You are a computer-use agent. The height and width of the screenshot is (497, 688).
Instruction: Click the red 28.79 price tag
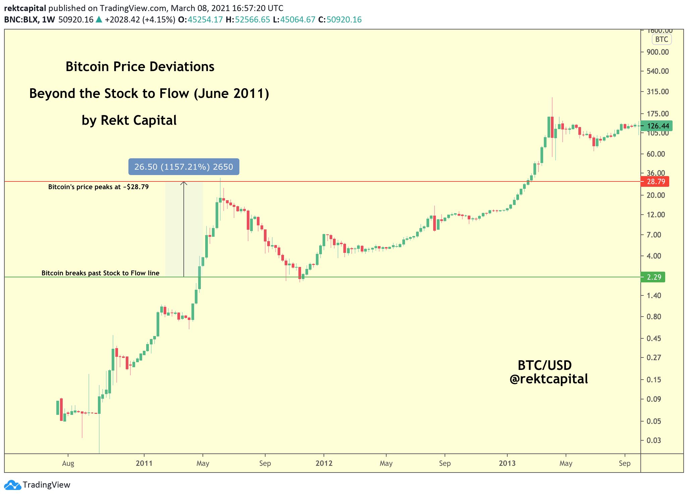(x=655, y=181)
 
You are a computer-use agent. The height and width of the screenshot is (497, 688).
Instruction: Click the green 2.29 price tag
(x=653, y=277)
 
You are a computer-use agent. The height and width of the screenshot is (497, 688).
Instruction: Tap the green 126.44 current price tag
(x=656, y=126)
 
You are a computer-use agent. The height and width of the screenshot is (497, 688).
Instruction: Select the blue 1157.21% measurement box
(x=184, y=167)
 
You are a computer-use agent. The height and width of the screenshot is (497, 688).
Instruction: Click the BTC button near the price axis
(x=662, y=40)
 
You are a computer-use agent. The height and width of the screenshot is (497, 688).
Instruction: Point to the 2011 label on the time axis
(x=144, y=463)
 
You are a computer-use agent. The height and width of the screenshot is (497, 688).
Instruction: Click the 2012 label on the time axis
(x=324, y=463)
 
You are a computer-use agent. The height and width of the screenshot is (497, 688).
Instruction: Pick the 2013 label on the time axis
(x=507, y=463)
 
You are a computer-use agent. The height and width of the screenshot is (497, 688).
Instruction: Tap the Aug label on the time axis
(x=68, y=463)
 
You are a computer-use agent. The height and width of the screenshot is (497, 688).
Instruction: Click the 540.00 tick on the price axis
(x=657, y=71)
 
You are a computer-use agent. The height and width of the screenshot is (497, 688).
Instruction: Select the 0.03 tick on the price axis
(x=654, y=440)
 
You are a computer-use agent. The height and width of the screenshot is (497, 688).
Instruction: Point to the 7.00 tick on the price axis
(x=654, y=235)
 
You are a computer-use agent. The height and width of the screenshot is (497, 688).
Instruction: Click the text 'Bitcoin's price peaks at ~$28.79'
(x=98, y=187)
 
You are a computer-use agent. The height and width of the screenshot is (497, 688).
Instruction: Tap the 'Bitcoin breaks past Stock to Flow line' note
(x=100, y=273)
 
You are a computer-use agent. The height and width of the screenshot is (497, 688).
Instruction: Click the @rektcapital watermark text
(x=549, y=379)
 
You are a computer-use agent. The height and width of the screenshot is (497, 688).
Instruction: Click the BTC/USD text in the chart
(x=544, y=365)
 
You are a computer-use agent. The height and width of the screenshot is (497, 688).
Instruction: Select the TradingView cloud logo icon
(x=12, y=485)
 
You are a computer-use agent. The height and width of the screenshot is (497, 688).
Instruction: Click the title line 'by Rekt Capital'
(x=129, y=120)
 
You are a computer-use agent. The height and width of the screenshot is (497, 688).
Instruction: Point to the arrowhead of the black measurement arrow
(x=184, y=183)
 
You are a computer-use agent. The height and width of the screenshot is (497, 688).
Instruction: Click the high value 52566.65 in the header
(x=252, y=19)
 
